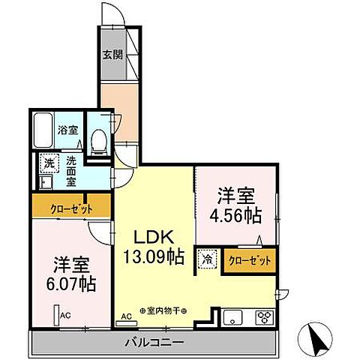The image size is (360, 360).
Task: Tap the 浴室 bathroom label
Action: [68, 129]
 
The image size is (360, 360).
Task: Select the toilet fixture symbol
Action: [97, 141]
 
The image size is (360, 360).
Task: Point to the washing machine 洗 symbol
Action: [49, 163]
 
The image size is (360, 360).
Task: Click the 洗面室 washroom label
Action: [70, 170]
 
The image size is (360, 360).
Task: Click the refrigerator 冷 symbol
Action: [206, 259]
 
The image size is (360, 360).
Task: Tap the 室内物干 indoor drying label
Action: [163, 310]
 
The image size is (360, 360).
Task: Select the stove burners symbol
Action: [265, 316]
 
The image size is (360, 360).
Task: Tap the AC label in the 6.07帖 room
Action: [64, 316]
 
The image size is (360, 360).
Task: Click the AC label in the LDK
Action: [126, 317]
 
